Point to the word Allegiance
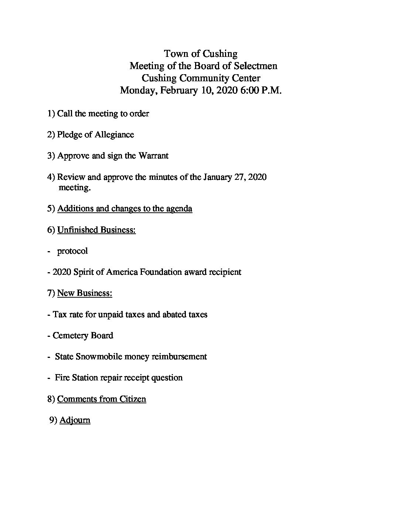[x=114, y=134]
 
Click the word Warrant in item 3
[x=153, y=155]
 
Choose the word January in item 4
[x=217, y=177]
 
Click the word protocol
[x=72, y=251]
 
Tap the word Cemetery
[x=68, y=336]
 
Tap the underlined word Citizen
[x=133, y=399]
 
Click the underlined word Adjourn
[x=75, y=420]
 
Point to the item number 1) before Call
[x=51, y=113]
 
